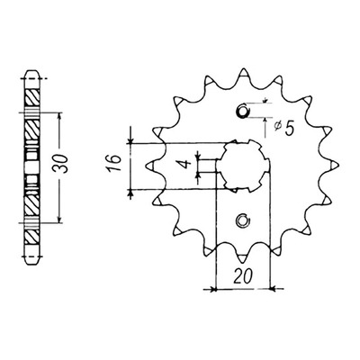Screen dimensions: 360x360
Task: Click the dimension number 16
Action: pos(113,163)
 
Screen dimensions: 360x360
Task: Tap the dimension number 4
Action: pos(187,164)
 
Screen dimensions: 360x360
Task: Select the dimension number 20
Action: pos(243,275)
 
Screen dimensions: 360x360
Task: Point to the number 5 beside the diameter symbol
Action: pos(288,129)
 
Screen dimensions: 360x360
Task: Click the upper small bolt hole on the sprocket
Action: pos(243,111)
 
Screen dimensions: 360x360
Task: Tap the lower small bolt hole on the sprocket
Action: pos(243,220)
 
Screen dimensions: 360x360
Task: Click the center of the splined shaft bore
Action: pos(243,166)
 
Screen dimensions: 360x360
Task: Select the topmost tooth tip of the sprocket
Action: pos(243,70)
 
